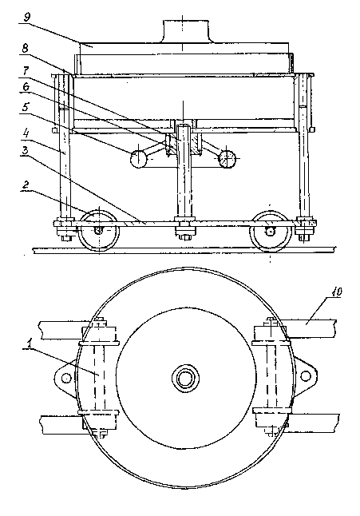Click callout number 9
pyautogui.click(x=27, y=17)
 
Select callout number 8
pyautogui.click(x=26, y=48)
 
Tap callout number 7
pyautogui.click(x=26, y=69)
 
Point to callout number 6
pyautogui.click(x=26, y=87)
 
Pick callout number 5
pyautogui.click(x=26, y=106)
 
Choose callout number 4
pyautogui.click(x=26, y=133)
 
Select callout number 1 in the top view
pyautogui.click(x=30, y=343)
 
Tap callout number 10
pyautogui.click(x=338, y=292)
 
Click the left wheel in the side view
pyautogui.click(x=99, y=230)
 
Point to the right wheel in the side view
pyautogui.click(x=271, y=232)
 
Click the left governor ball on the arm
pyautogui.click(x=138, y=159)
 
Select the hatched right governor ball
pyautogui.click(x=227, y=158)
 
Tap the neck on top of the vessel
pyautogui.click(x=186, y=31)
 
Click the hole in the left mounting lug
pyautogui.click(x=66, y=377)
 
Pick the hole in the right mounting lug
pyautogui.click(x=306, y=375)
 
